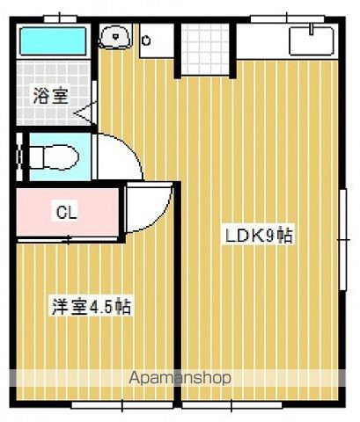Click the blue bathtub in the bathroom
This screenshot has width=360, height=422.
click(x=53, y=40)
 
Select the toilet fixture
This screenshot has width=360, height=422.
click(x=53, y=157)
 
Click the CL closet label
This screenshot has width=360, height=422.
click(x=66, y=211)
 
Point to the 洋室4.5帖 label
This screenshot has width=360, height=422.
click(x=91, y=307)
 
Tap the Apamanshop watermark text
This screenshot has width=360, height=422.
click(x=180, y=378)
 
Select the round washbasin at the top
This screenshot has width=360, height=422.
click(x=114, y=37)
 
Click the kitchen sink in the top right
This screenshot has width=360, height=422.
click(x=311, y=40)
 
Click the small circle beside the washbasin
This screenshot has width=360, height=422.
click(x=146, y=39)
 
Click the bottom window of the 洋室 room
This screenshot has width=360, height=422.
click(x=106, y=405)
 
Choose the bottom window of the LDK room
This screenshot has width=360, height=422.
click(x=264, y=405)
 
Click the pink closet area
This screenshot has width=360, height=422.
click(x=66, y=211)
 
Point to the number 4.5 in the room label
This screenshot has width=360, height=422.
click(x=103, y=307)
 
